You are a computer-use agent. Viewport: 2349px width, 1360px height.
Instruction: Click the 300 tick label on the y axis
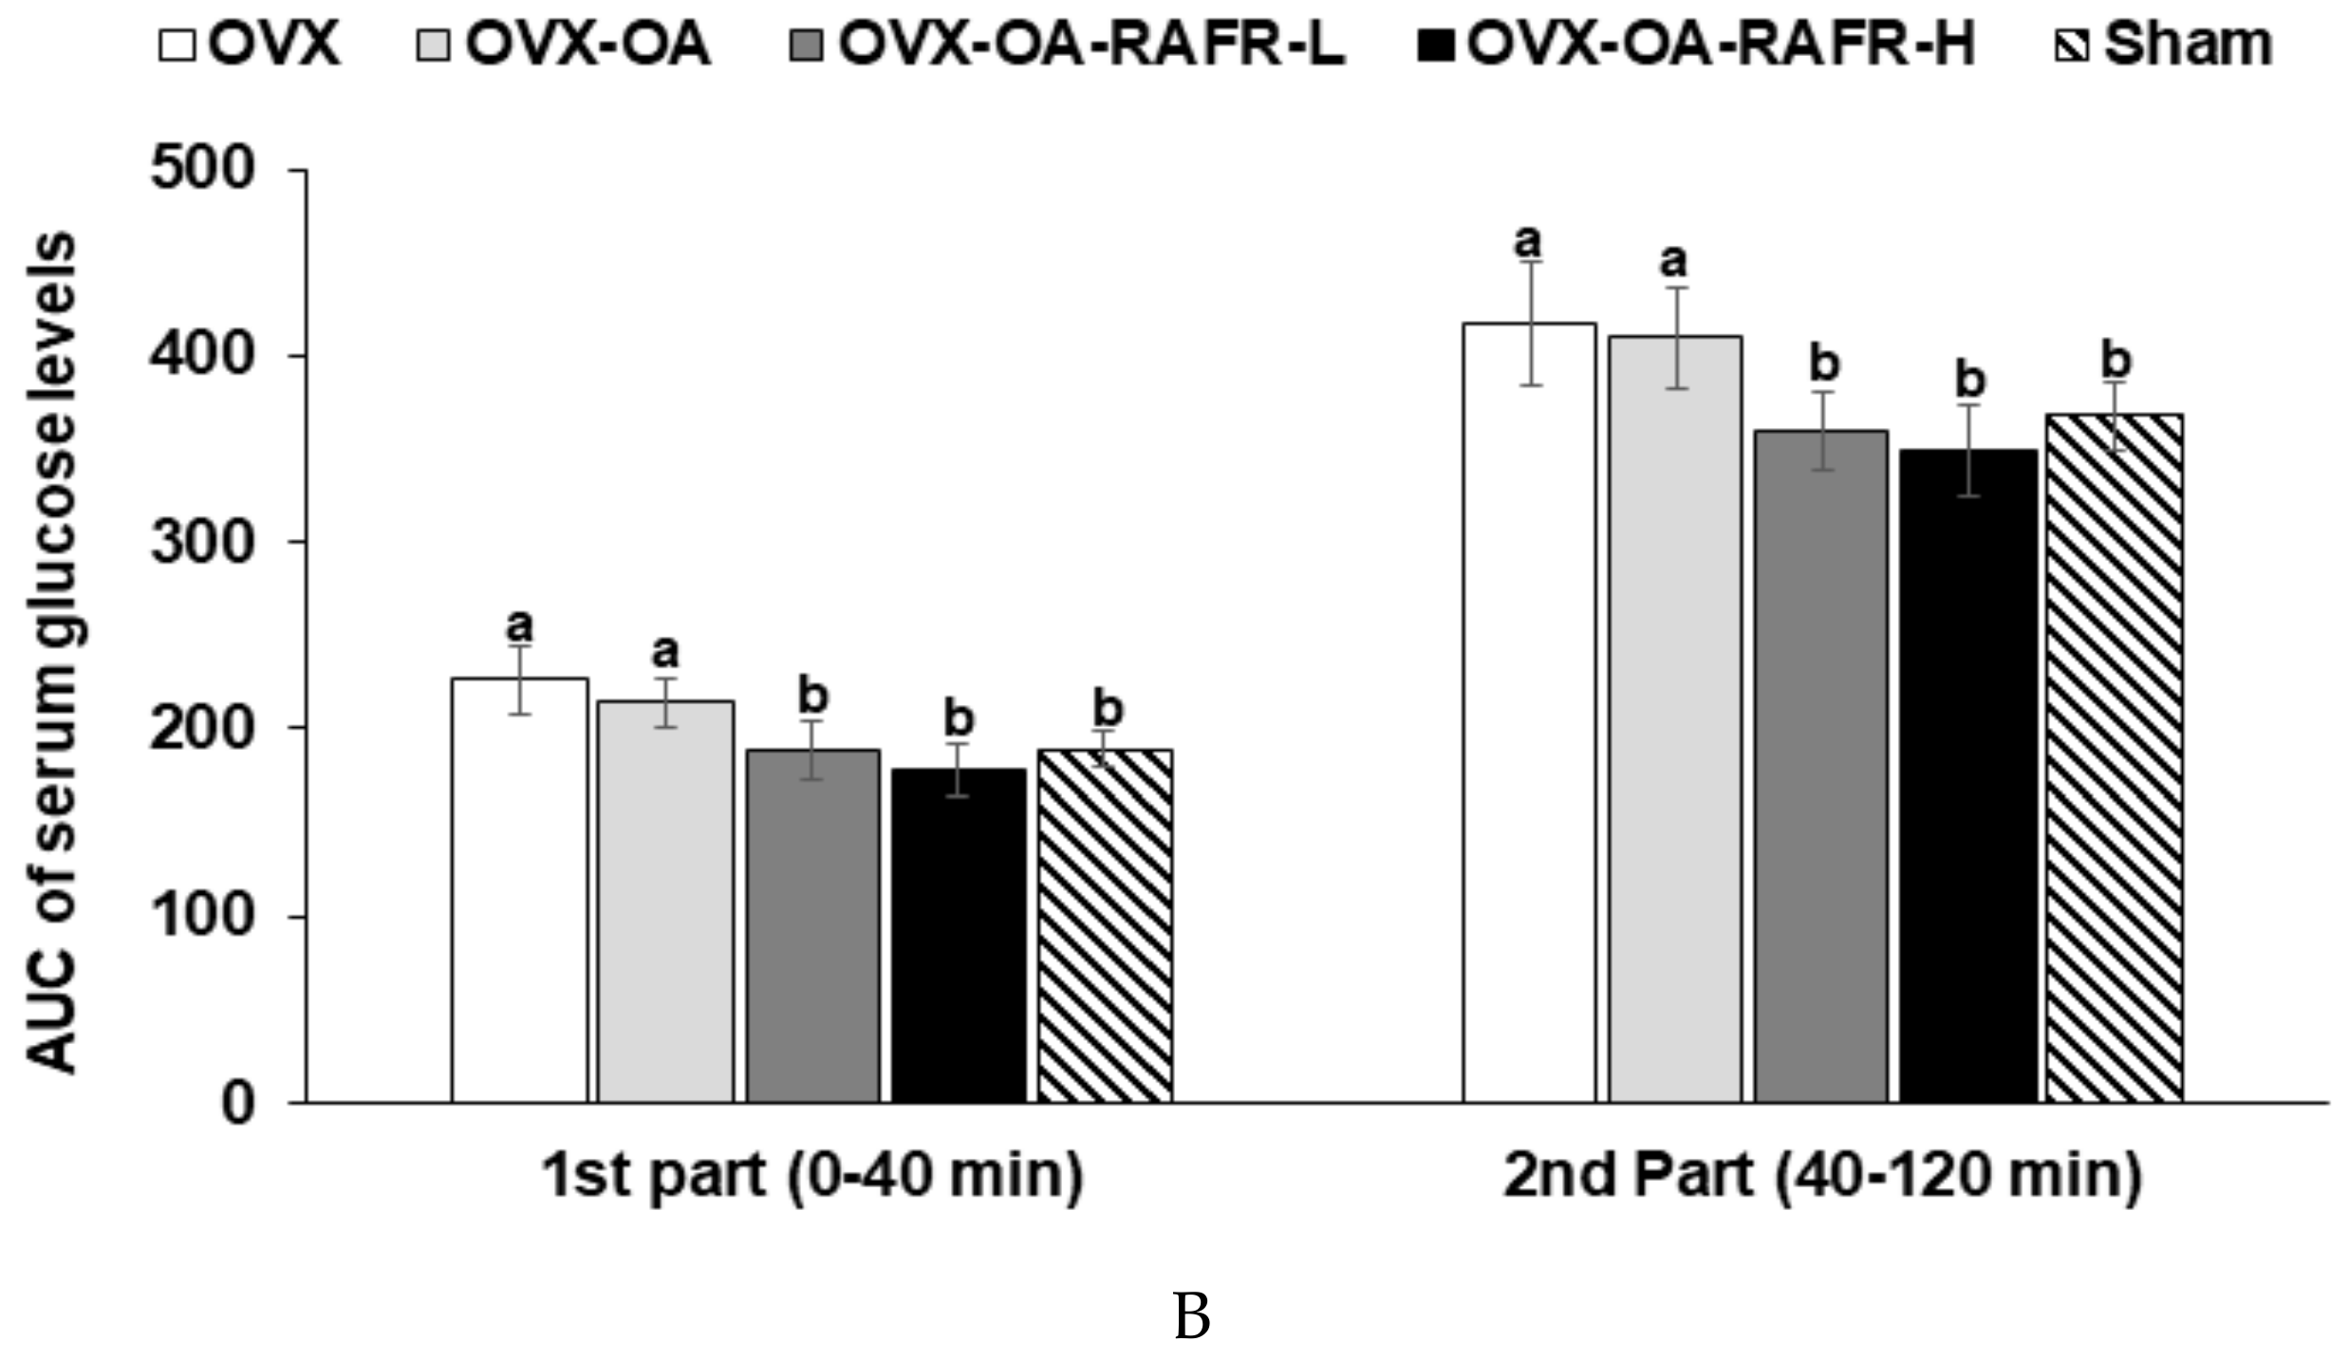(x=203, y=543)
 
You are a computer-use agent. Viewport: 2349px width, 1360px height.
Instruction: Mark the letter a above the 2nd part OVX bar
(x=1527, y=241)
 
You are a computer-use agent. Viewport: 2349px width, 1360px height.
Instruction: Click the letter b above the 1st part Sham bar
(x=1108, y=709)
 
